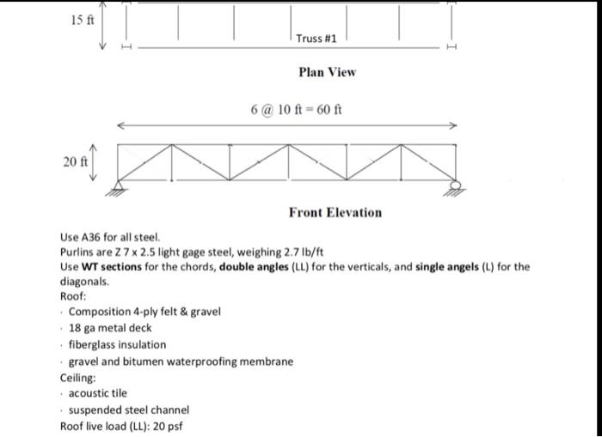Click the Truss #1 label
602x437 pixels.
(316, 39)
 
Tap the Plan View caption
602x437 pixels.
(327, 72)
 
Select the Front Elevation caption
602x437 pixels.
(335, 212)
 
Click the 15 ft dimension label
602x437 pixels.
(83, 18)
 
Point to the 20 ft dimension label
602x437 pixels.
(76, 161)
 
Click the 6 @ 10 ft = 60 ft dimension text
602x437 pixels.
(296, 110)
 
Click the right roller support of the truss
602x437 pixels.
(455, 187)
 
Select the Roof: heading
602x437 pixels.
(72, 295)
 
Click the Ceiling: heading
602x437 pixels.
(77, 378)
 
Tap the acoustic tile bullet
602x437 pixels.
(97, 393)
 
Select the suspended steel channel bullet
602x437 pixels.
(128, 410)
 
